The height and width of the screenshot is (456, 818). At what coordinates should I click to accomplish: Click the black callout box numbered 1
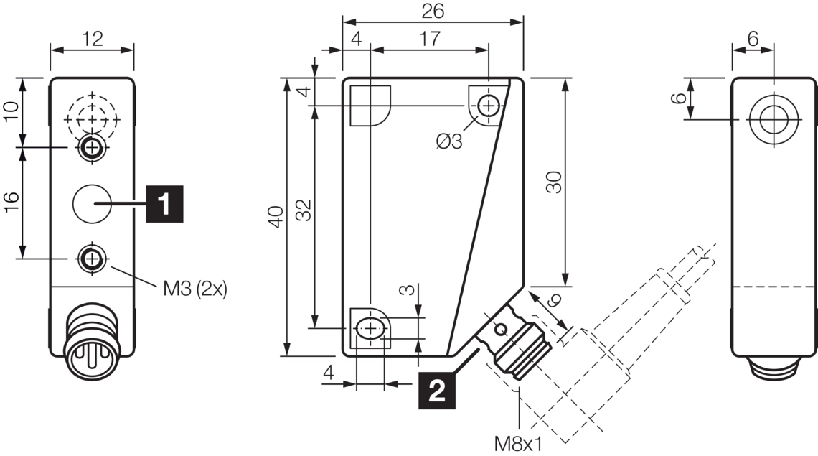(x=164, y=204)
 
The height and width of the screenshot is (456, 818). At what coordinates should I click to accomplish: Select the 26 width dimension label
(x=433, y=11)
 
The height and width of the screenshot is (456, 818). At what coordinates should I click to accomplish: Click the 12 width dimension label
(x=92, y=39)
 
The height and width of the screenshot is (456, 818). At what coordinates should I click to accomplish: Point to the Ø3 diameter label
(x=449, y=141)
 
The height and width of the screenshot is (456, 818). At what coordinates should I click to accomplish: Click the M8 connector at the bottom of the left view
(x=87, y=350)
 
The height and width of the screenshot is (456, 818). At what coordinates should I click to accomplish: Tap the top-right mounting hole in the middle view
(x=489, y=106)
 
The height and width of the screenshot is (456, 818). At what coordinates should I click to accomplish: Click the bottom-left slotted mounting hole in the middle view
(x=370, y=329)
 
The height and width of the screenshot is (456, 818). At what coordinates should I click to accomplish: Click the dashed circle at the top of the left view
(x=91, y=113)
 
